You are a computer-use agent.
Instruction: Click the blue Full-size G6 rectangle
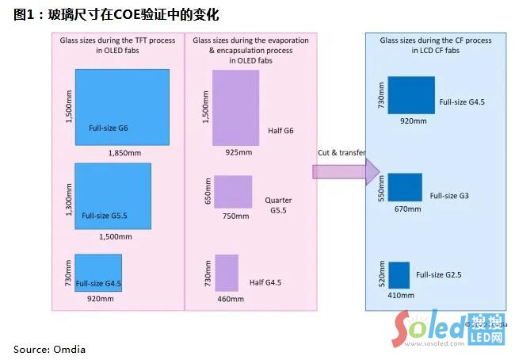[122, 106]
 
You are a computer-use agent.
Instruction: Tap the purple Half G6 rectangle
[236, 107]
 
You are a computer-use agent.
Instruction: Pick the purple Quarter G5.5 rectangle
[233, 193]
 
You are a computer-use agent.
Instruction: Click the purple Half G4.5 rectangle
[227, 272]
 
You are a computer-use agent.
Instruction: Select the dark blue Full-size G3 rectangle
[405, 187]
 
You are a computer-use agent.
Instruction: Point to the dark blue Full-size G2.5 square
[399, 274]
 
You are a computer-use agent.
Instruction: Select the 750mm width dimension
[232, 216]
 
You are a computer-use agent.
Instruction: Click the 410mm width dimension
[401, 295]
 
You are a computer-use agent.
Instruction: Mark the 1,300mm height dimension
[68, 197]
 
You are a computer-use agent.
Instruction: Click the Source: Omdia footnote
[49, 349]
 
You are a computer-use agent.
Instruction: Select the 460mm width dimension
[227, 300]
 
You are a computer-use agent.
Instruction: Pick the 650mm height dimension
[208, 192]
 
